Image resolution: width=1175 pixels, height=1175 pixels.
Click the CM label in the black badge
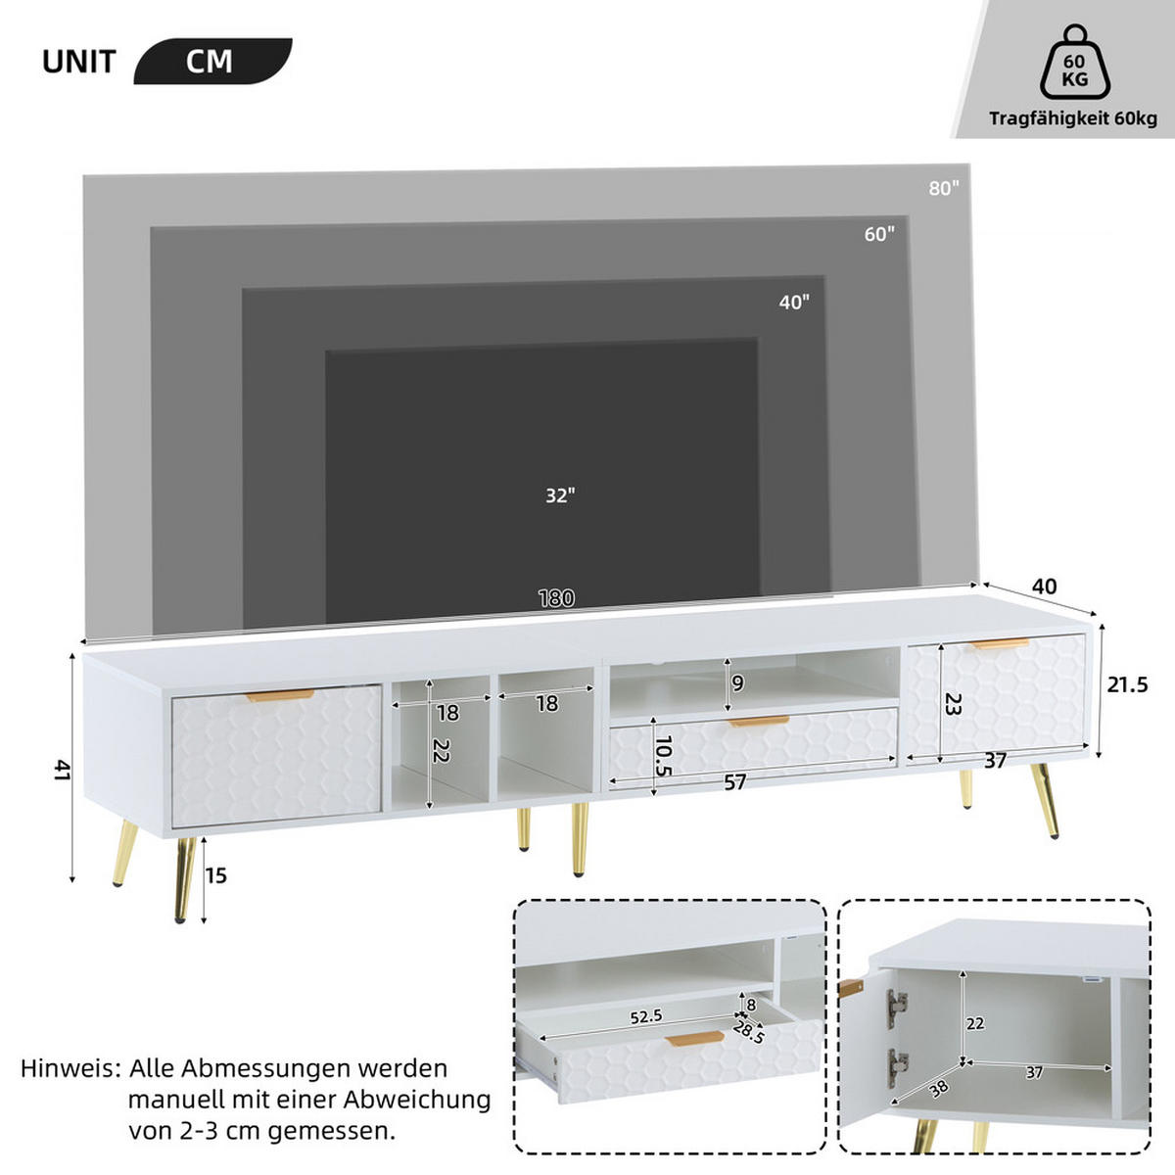pyautogui.click(x=210, y=61)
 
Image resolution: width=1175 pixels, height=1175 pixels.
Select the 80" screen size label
pyautogui.click(x=944, y=188)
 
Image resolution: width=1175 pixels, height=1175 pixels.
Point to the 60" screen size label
pyautogui.click(x=879, y=234)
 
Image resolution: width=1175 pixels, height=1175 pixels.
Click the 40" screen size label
pyautogui.click(x=794, y=303)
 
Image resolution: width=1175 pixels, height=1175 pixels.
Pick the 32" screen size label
pyautogui.click(x=560, y=495)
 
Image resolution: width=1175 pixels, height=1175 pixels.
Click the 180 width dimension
pyautogui.click(x=556, y=598)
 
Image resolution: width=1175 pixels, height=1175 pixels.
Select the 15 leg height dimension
pyautogui.click(x=215, y=874)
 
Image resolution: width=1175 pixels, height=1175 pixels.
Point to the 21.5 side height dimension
pyautogui.click(x=1127, y=685)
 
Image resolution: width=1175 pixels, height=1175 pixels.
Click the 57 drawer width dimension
pyautogui.click(x=735, y=781)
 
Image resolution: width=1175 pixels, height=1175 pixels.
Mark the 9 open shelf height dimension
pyautogui.click(x=738, y=682)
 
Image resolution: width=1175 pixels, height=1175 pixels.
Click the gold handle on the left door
pyautogui.click(x=279, y=695)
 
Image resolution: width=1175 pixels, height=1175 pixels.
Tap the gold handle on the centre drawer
pyautogui.click(x=759, y=722)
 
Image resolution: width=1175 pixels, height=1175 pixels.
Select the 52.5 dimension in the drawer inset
pyautogui.click(x=645, y=1016)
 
